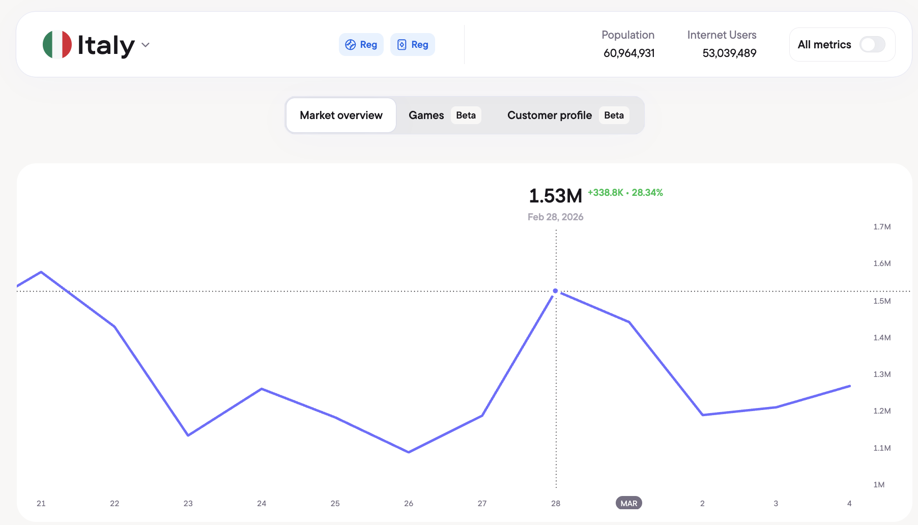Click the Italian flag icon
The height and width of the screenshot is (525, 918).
[57, 45]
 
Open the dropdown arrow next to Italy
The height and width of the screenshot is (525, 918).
[146, 45]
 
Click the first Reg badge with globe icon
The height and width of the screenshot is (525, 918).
[361, 45]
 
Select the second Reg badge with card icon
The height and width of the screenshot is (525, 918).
[413, 45]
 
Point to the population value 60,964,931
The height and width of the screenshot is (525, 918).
[629, 53]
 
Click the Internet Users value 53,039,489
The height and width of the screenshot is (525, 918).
[729, 53]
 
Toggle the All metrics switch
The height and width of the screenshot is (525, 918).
[872, 45]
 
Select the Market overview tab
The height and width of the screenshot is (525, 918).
[341, 115]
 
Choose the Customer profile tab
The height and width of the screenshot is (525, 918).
[550, 115]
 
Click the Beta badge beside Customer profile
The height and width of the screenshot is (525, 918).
[614, 115]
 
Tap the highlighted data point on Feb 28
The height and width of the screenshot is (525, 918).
[556, 291]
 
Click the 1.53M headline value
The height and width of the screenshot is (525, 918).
[555, 196]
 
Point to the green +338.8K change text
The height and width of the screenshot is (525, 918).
[606, 193]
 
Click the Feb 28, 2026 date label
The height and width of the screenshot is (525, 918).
[555, 217]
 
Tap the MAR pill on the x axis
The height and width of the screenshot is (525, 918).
[629, 503]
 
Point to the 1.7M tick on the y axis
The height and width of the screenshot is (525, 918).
[882, 227]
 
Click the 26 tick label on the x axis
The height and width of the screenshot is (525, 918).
[409, 503]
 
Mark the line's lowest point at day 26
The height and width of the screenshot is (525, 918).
[409, 452]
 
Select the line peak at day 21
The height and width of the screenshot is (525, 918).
[41, 272]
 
